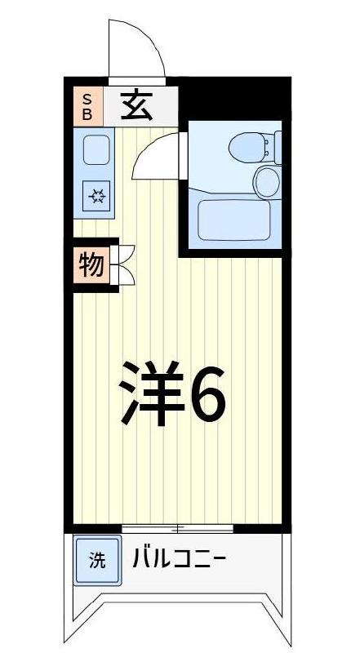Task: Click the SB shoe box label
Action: (87, 105)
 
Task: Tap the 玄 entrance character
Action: (136, 105)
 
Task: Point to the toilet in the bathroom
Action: (248, 148)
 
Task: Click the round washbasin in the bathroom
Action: (267, 181)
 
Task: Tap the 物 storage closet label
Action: (91, 264)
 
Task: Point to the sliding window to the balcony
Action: (177, 528)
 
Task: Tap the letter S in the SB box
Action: (87, 99)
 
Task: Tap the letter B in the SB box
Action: (87, 113)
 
